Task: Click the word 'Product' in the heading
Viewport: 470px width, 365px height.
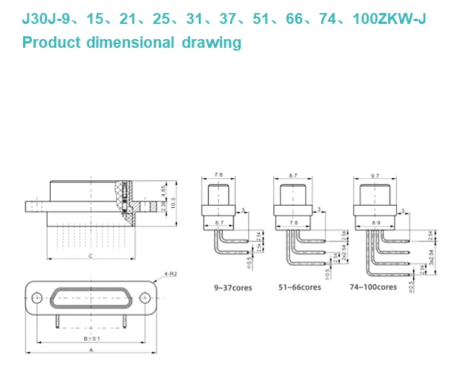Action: pyautogui.click(x=51, y=42)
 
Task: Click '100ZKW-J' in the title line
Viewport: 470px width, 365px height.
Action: pyautogui.click(x=389, y=19)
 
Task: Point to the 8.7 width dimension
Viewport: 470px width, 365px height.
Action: pyautogui.click(x=292, y=176)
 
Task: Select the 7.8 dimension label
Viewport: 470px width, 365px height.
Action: pyautogui.click(x=292, y=222)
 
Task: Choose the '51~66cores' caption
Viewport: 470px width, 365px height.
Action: pyautogui.click(x=299, y=287)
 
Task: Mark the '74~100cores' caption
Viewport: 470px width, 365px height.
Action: pyautogui.click(x=373, y=287)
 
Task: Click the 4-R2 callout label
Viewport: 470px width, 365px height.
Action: pyautogui.click(x=171, y=274)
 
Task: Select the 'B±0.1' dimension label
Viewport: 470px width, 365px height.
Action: pyautogui.click(x=90, y=338)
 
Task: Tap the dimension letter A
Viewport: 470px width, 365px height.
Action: pyautogui.click(x=90, y=349)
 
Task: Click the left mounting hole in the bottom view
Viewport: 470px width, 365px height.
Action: pyautogui.click(x=37, y=297)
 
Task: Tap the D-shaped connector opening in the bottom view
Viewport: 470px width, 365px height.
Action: pyautogui.click(x=90, y=297)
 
